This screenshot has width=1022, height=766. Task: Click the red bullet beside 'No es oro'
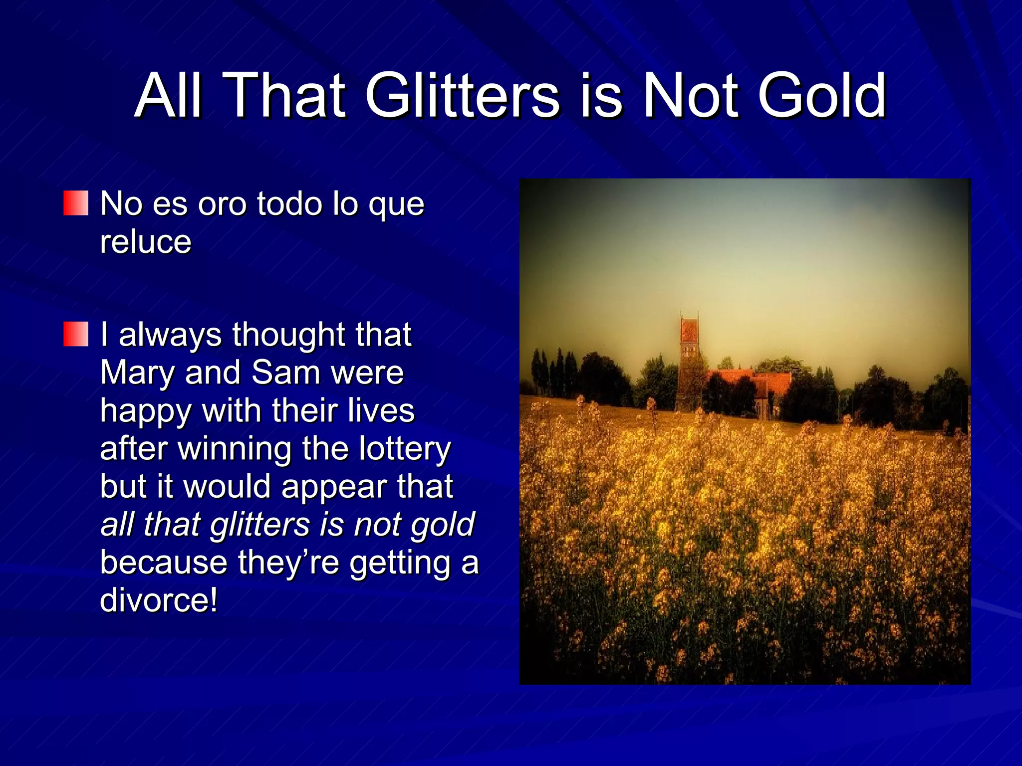pyautogui.click(x=76, y=203)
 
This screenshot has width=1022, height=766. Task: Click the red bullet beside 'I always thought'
pyautogui.click(x=76, y=334)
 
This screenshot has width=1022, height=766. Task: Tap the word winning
pyautogui.click(x=235, y=449)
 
